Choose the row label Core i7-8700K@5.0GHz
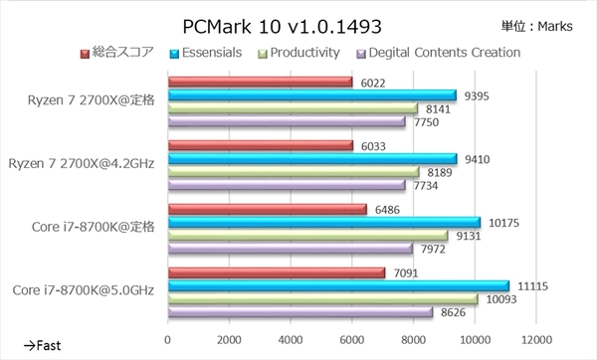[x=85, y=289]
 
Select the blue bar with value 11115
[x=338, y=286]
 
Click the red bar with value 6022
[x=260, y=83]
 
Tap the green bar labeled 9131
[x=308, y=236]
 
